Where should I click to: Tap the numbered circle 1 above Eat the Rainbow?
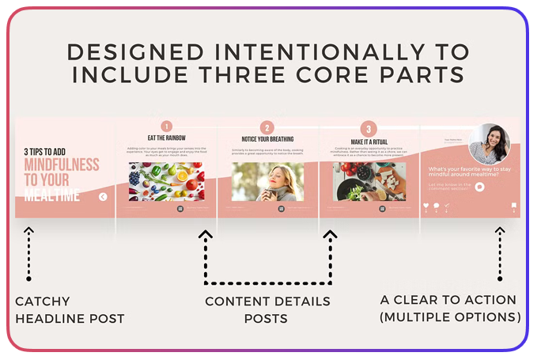[x=166, y=127]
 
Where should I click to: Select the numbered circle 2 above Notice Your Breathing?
[x=267, y=128]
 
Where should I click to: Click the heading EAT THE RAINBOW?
[x=166, y=138]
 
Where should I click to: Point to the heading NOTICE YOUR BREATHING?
[x=267, y=139]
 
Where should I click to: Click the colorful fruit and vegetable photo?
[x=166, y=182]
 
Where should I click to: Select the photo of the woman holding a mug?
[x=267, y=182]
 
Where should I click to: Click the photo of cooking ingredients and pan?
[x=368, y=182]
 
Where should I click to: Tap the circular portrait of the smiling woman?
[x=489, y=144]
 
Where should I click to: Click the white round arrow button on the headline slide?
[x=103, y=197]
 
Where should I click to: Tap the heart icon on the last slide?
[x=426, y=206]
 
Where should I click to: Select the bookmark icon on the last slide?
[x=513, y=206]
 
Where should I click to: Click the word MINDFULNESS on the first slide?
[x=62, y=165]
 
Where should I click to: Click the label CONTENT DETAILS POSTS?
[x=267, y=309]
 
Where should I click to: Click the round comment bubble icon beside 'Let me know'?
[x=479, y=187]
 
